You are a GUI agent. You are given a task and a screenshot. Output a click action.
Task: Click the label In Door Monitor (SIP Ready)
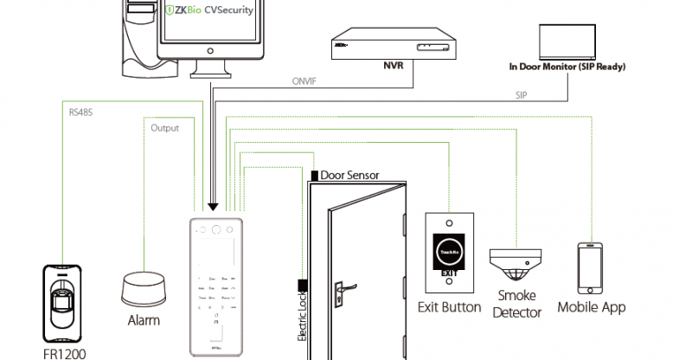(x=567, y=66)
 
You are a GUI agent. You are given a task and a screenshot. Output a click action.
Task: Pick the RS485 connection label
(x=82, y=111)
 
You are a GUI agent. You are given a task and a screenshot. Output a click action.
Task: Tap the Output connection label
(x=164, y=128)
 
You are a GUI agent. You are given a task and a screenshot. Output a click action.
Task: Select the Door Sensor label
(x=350, y=175)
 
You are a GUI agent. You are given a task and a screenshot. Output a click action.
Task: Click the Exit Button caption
(x=449, y=306)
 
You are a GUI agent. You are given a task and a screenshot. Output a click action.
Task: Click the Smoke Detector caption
(x=516, y=304)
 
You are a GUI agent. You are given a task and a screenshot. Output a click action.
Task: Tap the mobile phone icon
(x=591, y=267)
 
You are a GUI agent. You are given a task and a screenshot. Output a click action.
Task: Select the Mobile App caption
(x=591, y=307)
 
